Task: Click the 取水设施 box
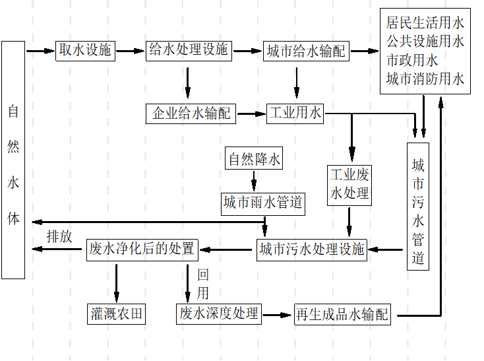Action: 86,50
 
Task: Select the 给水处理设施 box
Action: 189,50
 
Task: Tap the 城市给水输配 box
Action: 307,51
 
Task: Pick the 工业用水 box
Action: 295,114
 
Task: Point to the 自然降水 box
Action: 254,159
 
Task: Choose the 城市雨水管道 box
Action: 262,203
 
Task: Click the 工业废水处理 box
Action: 349,185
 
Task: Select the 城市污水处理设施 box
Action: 312,249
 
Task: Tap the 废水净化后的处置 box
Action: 142,249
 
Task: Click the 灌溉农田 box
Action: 117,313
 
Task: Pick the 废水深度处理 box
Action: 219,313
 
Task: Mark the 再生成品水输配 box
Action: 342,314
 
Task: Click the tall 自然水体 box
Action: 13,160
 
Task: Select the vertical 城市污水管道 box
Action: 418,206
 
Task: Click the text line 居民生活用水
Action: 425,24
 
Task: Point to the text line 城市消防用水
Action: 425,79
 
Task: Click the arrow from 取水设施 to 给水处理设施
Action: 130,50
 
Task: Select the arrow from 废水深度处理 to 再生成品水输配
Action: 277,314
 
